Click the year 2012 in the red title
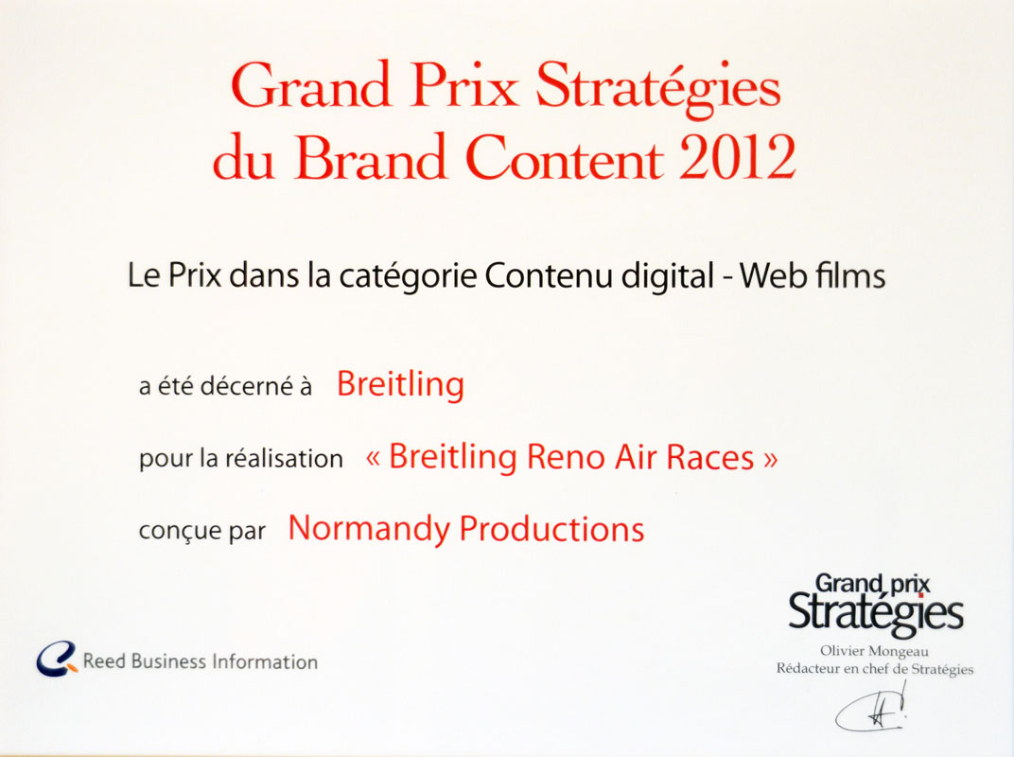coord(737,157)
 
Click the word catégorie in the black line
coord(408,276)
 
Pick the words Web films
coord(813,275)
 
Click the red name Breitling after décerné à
coord(400,384)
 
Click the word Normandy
coord(369,529)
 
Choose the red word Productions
coord(551,529)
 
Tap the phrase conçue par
coord(201,531)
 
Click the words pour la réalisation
coord(240,459)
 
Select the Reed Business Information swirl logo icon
coord(56,660)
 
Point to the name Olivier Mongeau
coord(874,652)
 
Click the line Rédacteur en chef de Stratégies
coord(874,669)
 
